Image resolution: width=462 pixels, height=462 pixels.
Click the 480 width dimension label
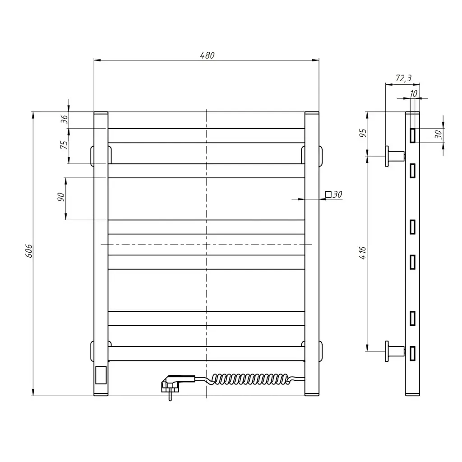pos(207,55)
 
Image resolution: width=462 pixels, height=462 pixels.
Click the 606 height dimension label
pos(29,251)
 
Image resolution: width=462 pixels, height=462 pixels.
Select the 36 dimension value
pos(64,119)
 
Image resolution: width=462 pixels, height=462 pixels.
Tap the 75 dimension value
pos(64,145)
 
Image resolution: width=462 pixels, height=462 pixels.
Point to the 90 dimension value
pos(61,197)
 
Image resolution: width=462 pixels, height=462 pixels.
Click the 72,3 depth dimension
pos(403,78)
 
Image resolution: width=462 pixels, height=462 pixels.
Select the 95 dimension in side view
pos(363,133)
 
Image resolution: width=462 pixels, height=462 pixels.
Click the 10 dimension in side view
pos(413,93)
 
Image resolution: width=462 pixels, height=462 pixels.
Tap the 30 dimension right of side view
pos(439,134)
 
